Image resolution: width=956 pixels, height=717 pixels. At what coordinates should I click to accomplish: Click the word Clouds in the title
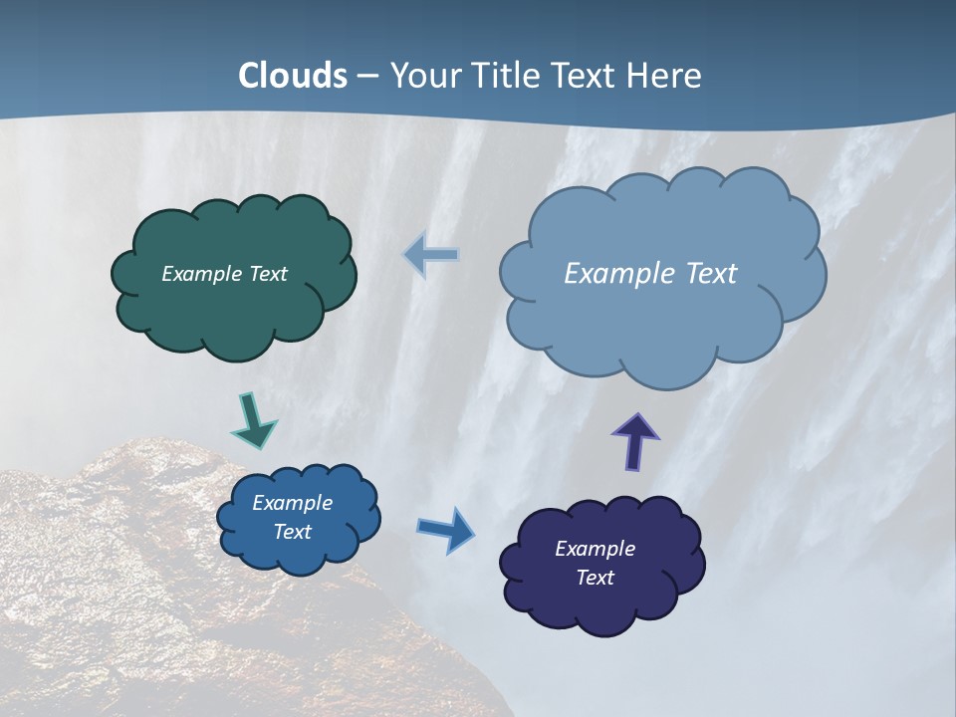293,76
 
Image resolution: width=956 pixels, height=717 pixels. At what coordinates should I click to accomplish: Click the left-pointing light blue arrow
432,255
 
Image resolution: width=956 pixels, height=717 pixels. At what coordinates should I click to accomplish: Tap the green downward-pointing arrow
253,420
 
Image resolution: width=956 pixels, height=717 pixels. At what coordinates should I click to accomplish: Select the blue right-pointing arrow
446,529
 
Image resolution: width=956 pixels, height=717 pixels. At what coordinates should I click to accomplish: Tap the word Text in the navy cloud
596,578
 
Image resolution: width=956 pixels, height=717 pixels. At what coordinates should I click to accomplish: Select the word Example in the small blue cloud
293,503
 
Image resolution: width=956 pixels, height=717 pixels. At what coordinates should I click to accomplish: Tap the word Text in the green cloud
268,274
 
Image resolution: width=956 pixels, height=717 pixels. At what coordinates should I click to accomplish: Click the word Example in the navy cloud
596,549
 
